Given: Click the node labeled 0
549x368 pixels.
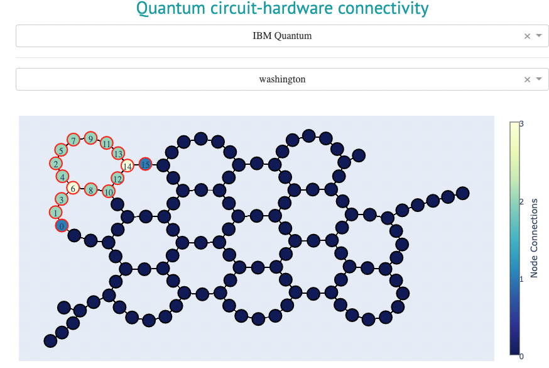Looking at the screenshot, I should (x=61, y=225).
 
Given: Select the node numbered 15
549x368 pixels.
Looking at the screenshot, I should (x=145, y=164).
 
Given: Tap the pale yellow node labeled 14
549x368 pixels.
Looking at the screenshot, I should (x=127, y=166).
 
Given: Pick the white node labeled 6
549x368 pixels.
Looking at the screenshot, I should (x=73, y=187).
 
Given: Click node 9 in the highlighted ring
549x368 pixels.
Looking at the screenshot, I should (x=90, y=138).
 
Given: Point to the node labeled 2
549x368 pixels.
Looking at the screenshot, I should (x=56, y=164).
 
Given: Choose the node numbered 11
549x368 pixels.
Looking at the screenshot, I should (x=106, y=143).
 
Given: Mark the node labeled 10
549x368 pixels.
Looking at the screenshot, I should (x=109, y=191).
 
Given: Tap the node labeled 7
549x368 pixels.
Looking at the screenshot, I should (x=73, y=140).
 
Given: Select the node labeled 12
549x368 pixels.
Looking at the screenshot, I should (x=117, y=178).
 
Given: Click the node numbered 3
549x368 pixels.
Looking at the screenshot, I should (x=60, y=199).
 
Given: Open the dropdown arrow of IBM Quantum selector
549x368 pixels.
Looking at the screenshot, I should (x=539, y=36).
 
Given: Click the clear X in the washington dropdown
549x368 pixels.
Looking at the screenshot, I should (x=528, y=79).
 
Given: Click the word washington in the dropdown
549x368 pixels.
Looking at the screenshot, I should (x=282, y=79).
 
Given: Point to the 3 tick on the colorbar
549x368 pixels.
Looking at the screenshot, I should (x=521, y=124).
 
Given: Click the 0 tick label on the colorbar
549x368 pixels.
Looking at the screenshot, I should (x=521, y=357).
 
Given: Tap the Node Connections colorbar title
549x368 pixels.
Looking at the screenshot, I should (x=535, y=238).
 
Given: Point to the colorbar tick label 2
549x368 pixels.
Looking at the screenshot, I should (x=521, y=201).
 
